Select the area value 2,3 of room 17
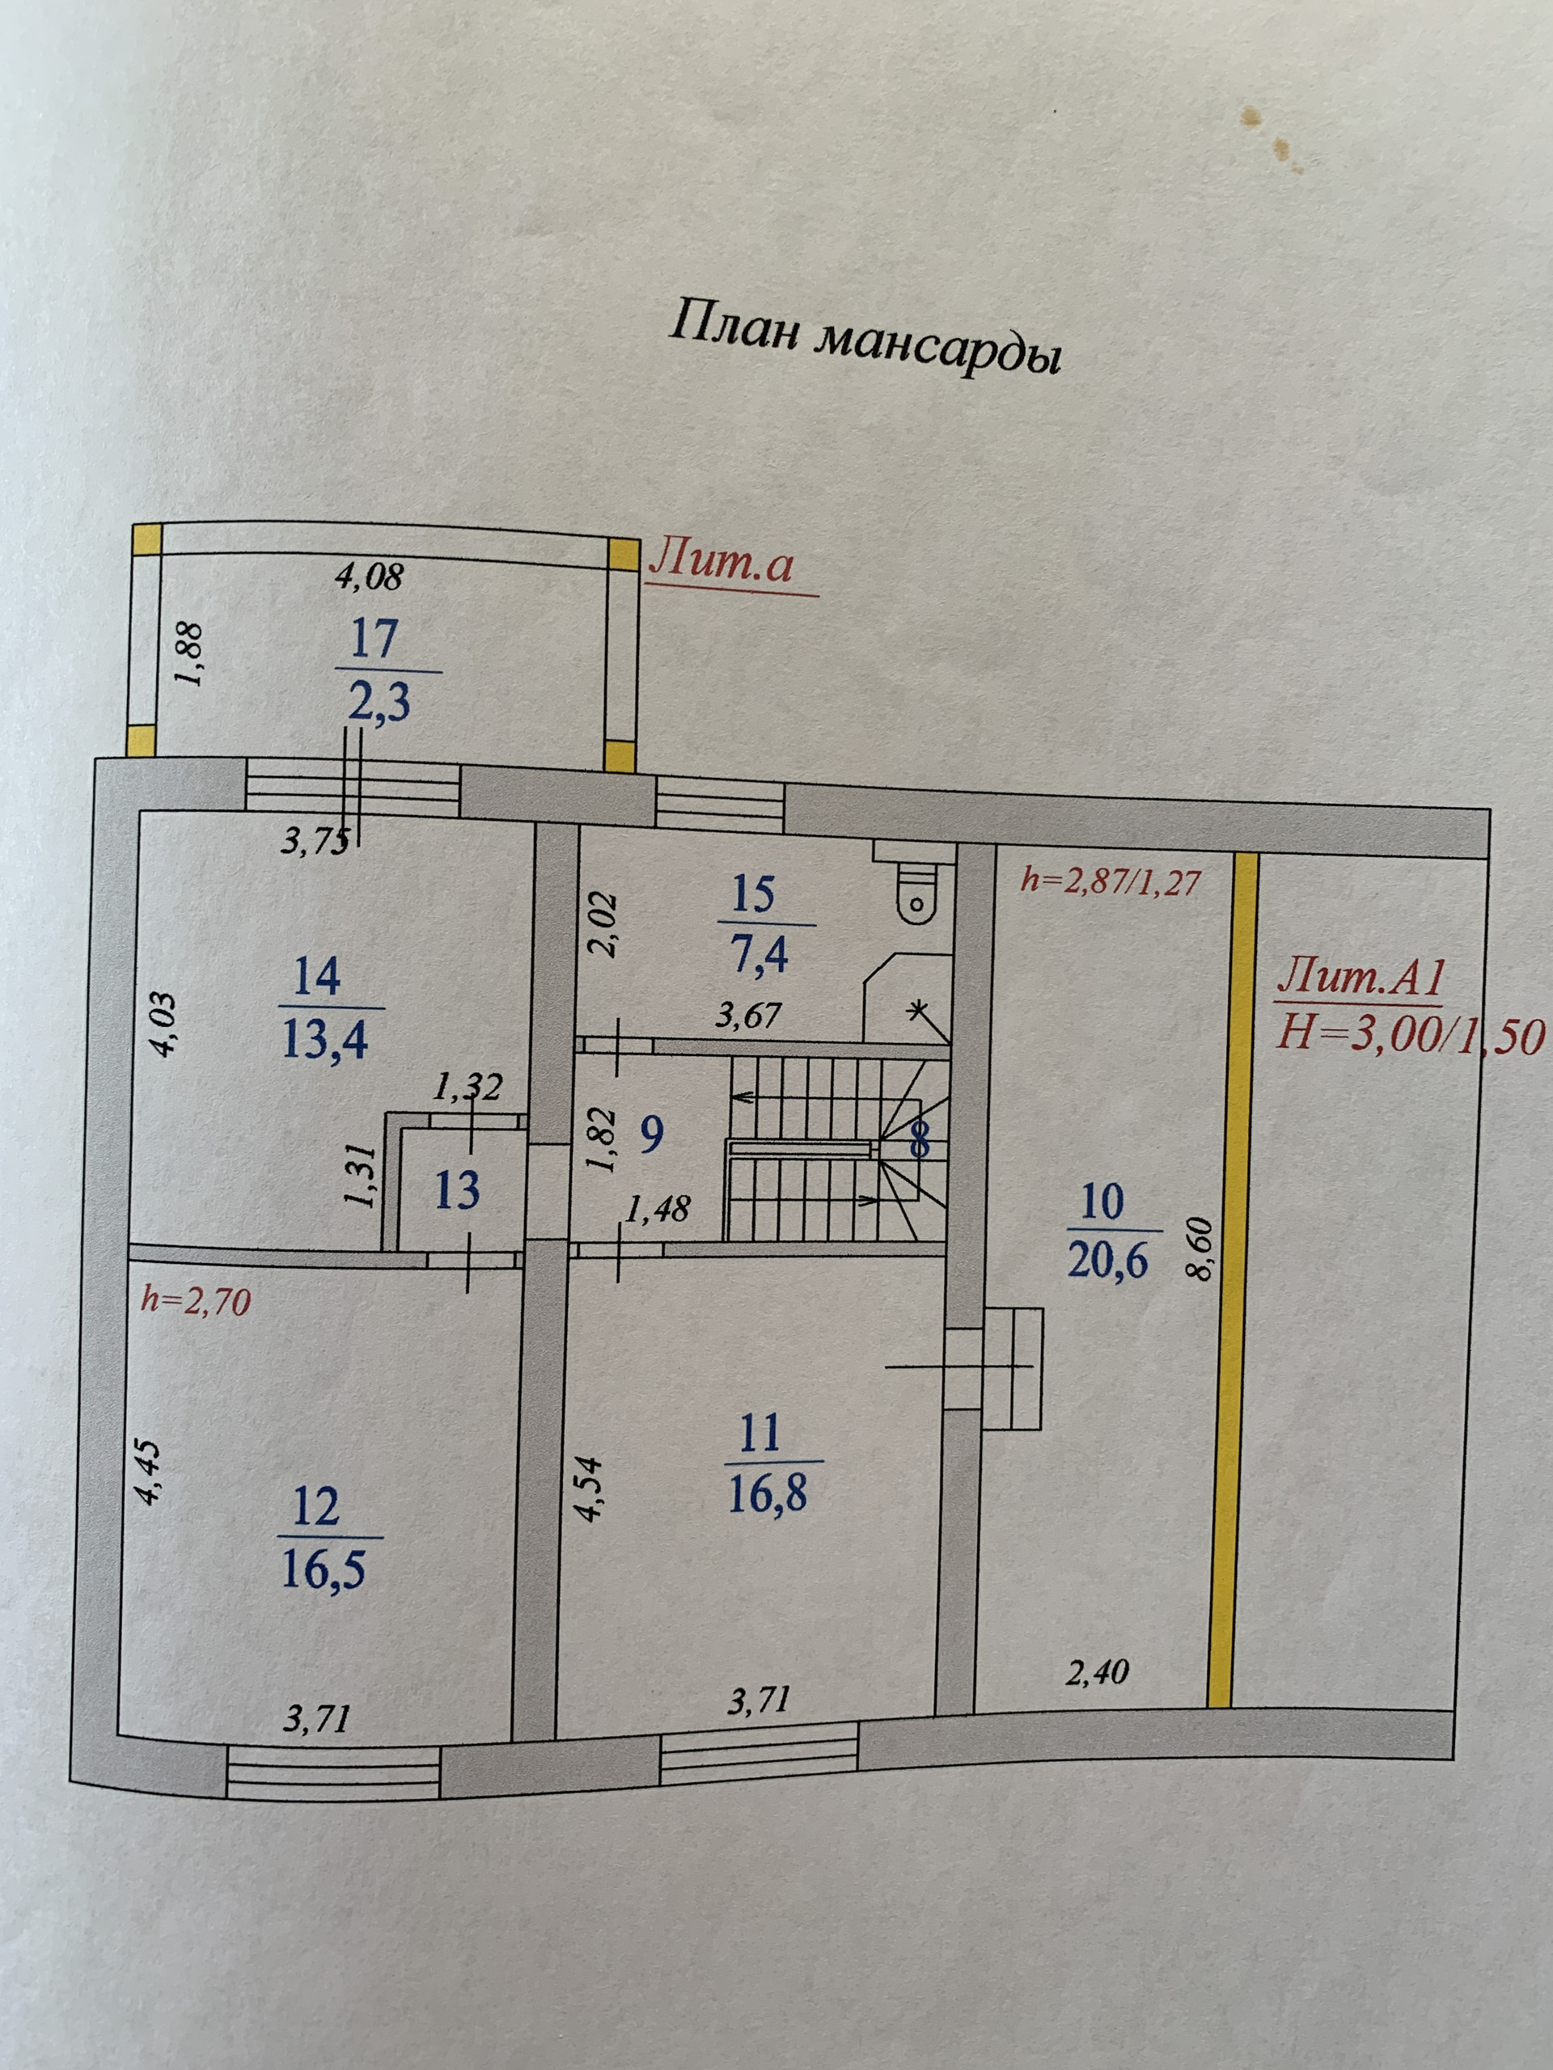click(x=379, y=702)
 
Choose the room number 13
click(x=458, y=1191)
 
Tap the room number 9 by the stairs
click(x=650, y=1135)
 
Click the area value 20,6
click(x=1107, y=1262)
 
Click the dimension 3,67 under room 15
click(x=747, y=1016)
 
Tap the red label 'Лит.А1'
click(x=1362, y=978)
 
